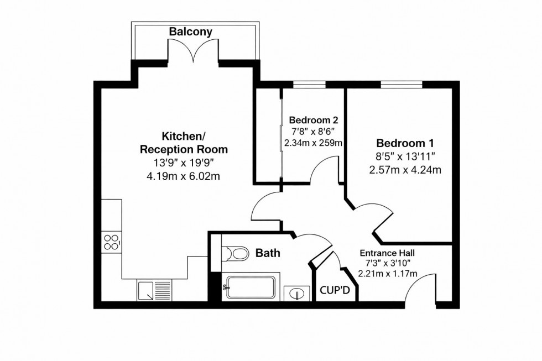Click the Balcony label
click(x=190, y=32)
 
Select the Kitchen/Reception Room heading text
click(x=183, y=143)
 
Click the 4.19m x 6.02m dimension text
click(x=184, y=177)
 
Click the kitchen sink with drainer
click(x=155, y=290)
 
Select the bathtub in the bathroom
click(x=249, y=288)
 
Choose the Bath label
click(x=268, y=253)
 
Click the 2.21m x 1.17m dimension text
click(x=387, y=273)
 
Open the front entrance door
click(x=423, y=287)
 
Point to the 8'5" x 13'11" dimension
click(x=405, y=156)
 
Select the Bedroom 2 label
click(x=314, y=120)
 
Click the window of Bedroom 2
click(x=309, y=85)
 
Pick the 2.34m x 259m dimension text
click(x=314, y=143)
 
